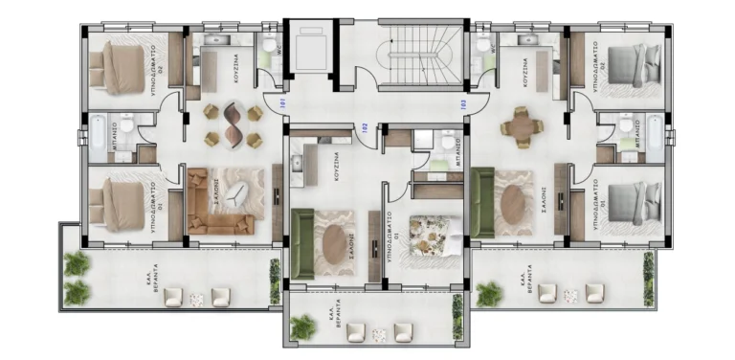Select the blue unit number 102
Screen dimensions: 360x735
coord(364,125)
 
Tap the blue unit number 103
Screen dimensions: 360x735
coord(463,104)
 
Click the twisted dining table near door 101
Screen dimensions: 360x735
coord(233,124)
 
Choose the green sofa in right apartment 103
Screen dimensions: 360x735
coord(482,201)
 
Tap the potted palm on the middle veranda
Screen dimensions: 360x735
coord(303,327)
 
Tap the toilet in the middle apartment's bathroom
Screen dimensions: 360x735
coord(448,143)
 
